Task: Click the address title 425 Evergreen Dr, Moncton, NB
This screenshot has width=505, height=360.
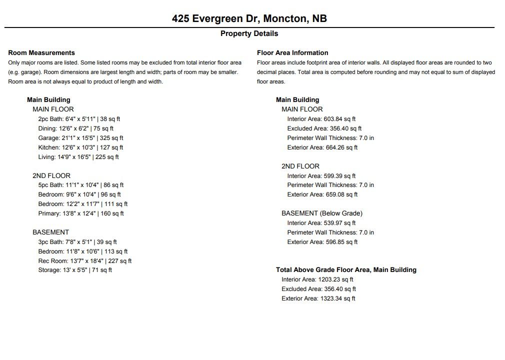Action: coord(249,18)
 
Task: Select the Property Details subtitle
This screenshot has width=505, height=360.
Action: coord(249,33)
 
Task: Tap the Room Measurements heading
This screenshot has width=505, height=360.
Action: coord(41,52)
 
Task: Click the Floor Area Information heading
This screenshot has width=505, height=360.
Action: coord(292,52)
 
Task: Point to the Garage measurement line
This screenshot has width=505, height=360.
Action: coord(80,138)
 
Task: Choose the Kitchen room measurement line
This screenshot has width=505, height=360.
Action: coord(80,147)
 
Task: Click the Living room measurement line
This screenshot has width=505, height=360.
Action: coord(78,157)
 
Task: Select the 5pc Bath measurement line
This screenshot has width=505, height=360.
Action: coord(80,185)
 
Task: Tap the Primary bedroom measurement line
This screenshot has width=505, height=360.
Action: coord(81,213)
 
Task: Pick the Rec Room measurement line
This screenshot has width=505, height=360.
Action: coord(85,261)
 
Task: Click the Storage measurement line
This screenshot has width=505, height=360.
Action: coord(75,270)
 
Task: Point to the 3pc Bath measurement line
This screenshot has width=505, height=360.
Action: coord(77,242)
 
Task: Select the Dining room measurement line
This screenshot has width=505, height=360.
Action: coord(75,128)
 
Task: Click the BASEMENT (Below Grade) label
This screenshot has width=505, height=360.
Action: coord(322,213)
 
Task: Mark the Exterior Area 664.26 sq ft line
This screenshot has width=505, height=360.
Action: coord(322,147)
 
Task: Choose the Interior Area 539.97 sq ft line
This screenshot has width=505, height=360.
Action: coord(321,223)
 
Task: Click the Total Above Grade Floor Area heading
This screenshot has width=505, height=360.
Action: coord(346,269)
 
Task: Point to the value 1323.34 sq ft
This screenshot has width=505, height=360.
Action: coord(337,298)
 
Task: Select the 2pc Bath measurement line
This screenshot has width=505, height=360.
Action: coord(79,119)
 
